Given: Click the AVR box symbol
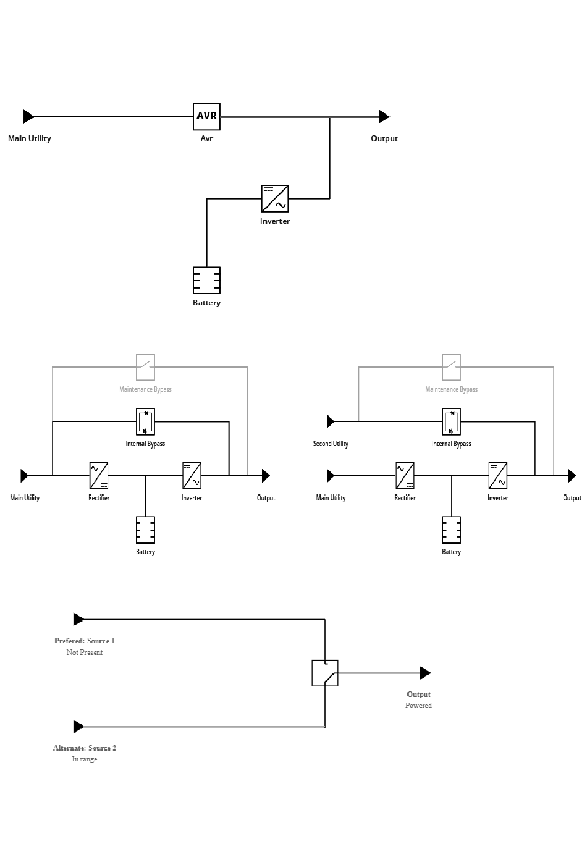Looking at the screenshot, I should coord(206,116).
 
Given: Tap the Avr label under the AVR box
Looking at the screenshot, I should coord(206,138).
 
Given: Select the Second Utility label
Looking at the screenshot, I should coord(331,444).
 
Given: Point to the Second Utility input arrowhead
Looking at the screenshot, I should coord(331,421).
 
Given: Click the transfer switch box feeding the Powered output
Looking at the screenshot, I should coord(325,672).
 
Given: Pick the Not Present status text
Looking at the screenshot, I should coord(85,652).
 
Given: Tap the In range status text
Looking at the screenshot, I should coord(85,759).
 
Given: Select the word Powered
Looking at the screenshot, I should coord(418,706).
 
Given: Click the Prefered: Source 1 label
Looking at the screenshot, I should coord(85,641).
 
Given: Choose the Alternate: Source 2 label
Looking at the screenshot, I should coord(85,748).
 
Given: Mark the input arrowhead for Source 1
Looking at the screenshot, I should coord(78,618).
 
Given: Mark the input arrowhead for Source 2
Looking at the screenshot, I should coord(78,726).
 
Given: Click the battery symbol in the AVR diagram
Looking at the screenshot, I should coord(206,280).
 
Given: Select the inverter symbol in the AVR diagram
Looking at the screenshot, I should coord(274,198).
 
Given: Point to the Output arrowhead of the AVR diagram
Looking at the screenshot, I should coord(384,116).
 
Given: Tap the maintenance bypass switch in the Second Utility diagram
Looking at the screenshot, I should coord(452,367).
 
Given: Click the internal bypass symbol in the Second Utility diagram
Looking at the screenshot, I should coord(452,421).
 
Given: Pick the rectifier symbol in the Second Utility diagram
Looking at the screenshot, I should coord(405,475).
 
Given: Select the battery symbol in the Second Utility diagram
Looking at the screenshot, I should coord(452,530).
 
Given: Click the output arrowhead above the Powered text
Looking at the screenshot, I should coord(424,672).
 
